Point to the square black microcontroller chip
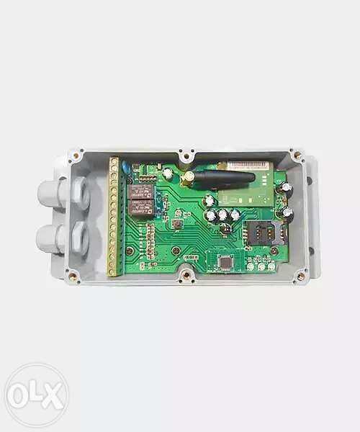[225, 264]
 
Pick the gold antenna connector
[186, 176]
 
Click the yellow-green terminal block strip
[114, 216]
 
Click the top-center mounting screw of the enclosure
[186, 153]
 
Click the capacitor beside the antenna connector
[168, 173]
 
